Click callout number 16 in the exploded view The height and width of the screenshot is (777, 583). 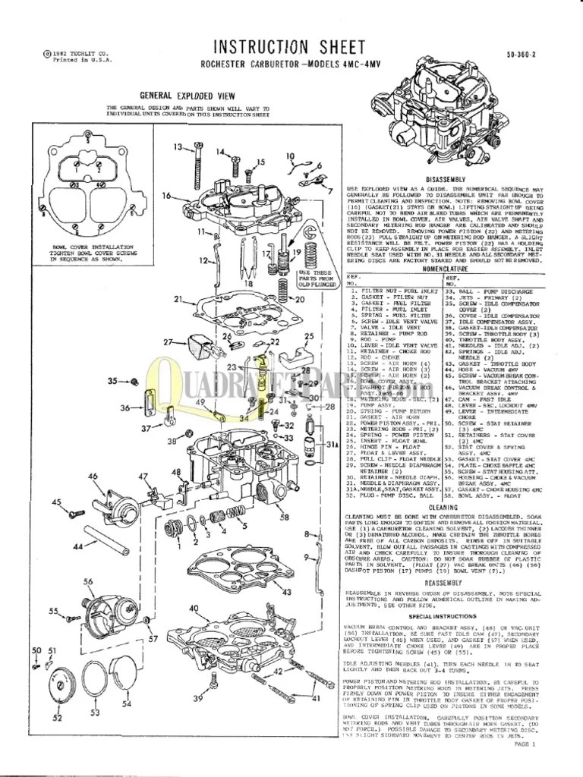165,196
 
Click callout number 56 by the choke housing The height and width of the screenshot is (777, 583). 88,581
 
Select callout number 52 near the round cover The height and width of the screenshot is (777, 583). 57,717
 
